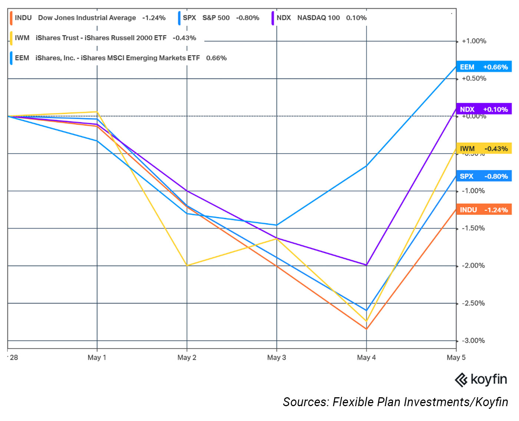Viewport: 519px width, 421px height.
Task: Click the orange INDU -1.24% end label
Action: point(484,210)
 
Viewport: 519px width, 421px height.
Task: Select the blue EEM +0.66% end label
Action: point(484,67)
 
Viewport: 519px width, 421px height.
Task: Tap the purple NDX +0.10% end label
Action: point(484,109)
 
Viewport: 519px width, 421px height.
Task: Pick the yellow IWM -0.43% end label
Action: point(484,148)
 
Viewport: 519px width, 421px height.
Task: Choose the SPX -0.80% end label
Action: point(484,176)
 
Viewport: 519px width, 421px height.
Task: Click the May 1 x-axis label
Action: point(97,358)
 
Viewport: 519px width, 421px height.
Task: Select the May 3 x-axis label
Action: point(277,358)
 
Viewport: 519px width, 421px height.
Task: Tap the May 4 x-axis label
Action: point(366,358)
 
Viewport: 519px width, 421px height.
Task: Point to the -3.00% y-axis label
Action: point(473,341)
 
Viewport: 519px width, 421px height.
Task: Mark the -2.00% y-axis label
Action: point(473,266)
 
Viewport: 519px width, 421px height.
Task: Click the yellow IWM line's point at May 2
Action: point(187,266)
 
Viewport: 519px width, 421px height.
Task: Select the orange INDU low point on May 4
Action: point(366,329)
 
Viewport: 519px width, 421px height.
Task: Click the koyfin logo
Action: point(480,380)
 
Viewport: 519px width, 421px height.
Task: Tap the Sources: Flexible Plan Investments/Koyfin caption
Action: point(395,402)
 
